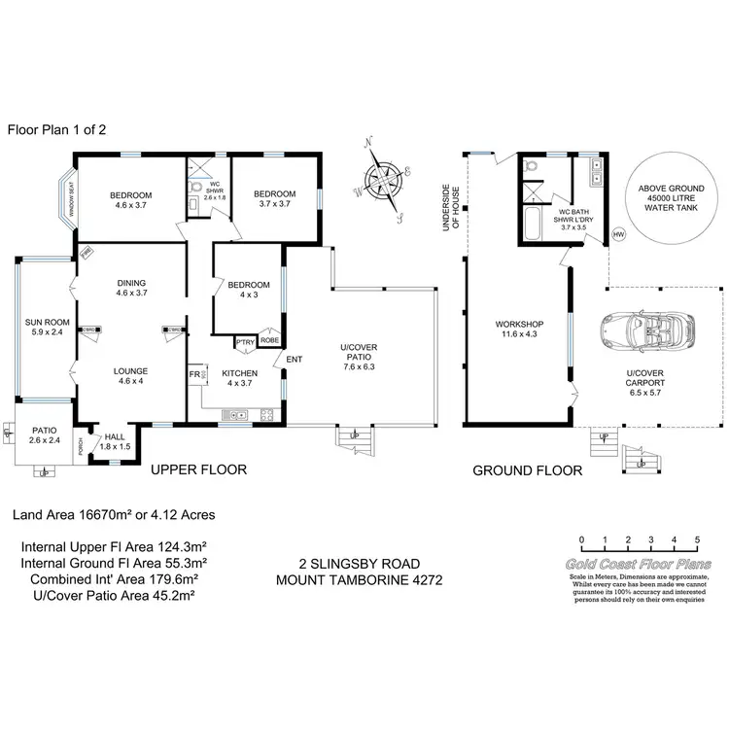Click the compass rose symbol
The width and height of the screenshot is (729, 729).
[x=386, y=181]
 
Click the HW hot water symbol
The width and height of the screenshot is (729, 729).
[x=618, y=234]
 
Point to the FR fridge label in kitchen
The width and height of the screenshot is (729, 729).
[x=194, y=372]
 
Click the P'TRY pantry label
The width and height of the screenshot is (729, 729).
[x=243, y=341]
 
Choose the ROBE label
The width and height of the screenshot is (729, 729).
[x=269, y=341]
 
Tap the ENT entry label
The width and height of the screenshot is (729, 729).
[x=295, y=360]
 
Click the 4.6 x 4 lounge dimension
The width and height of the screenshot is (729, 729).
[x=130, y=381]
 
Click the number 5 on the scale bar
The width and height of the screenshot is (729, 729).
[x=697, y=539]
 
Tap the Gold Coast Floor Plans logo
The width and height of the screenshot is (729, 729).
[x=639, y=565]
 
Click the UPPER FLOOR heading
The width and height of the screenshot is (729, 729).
[x=198, y=469]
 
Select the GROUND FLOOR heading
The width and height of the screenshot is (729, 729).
[x=527, y=470]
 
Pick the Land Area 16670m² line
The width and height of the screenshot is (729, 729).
[x=113, y=514]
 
